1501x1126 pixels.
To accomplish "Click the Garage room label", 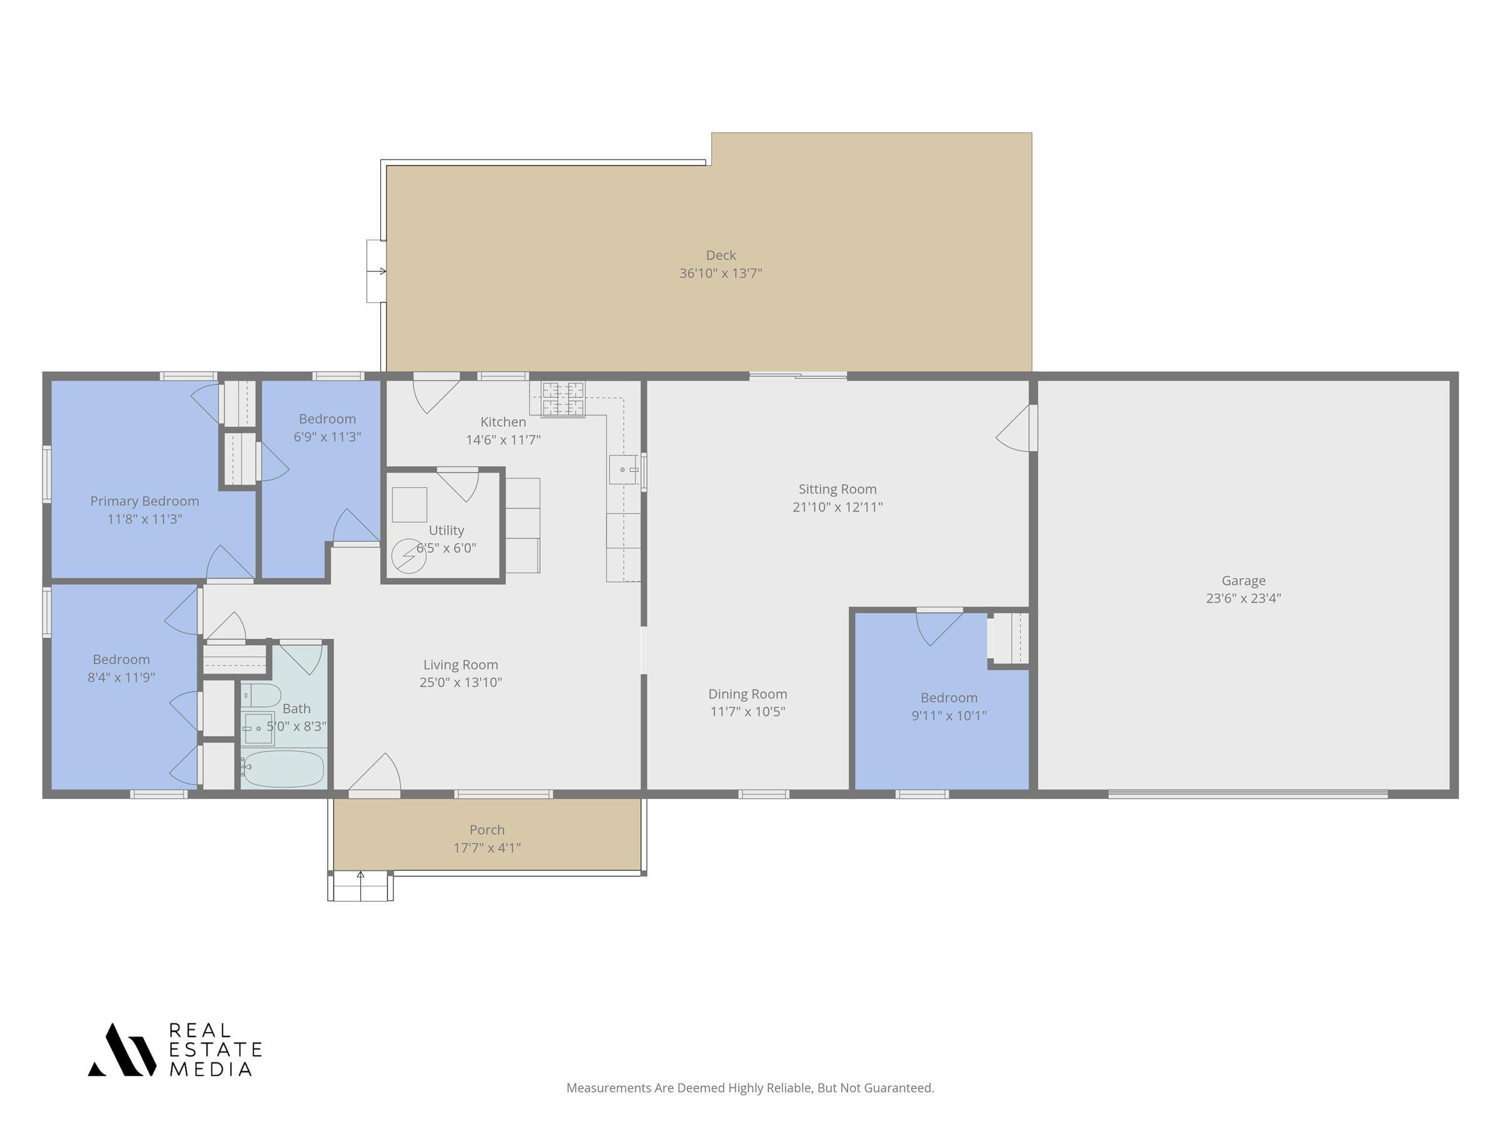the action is pyautogui.click(x=1243, y=581).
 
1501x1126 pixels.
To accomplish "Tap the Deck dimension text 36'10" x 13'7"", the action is pyautogui.click(x=720, y=273).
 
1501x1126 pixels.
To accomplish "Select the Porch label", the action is pyautogui.click(x=487, y=829).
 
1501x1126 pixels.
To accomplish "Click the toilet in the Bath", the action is pyautogui.click(x=261, y=695).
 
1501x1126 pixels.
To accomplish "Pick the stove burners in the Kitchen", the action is pyautogui.click(x=562, y=398).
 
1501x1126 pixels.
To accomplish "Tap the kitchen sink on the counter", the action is pyautogui.click(x=624, y=469).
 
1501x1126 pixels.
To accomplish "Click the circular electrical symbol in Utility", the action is pyautogui.click(x=409, y=557).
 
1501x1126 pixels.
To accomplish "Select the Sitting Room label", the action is pyautogui.click(x=837, y=489).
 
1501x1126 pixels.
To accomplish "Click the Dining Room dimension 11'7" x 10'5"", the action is pyautogui.click(x=748, y=711).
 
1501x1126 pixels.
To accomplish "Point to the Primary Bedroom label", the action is pyautogui.click(x=144, y=501).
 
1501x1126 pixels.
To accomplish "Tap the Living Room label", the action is pyautogui.click(x=461, y=664).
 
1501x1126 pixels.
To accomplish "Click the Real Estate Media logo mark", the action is pyautogui.click(x=121, y=1049).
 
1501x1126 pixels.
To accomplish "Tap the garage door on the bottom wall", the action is pyautogui.click(x=1248, y=793).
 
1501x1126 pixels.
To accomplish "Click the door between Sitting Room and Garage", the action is pyautogui.click(x=1017, y=428).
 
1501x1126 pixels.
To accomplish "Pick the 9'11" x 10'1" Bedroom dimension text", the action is pyautogui.click(x=949, y=714).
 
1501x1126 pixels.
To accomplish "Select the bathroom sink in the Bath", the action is pyautogui.click(x=258, y=728).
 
